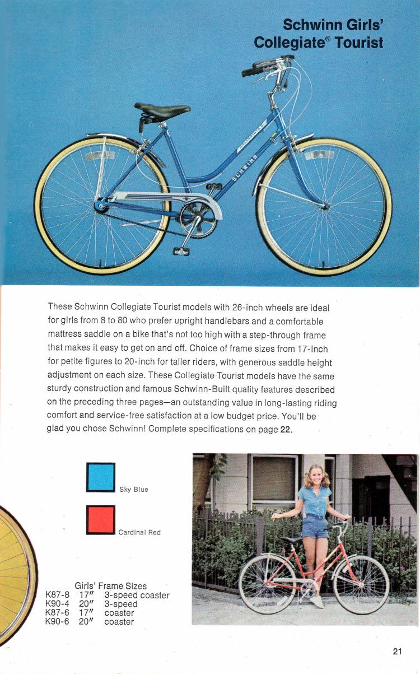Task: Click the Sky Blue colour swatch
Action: (x=101, y=477)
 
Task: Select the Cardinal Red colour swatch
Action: (x=101, y=519)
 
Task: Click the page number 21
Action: (x=398, y=651)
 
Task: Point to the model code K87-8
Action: (x=57, y=596)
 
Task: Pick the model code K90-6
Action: (x=57, y=622)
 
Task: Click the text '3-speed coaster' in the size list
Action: (x=137, y=596)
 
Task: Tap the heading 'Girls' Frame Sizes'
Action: (x=110, y=586)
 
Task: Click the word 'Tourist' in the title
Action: (x=359, y=43)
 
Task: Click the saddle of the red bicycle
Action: (x=293, y=539)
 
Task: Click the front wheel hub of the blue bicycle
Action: (x=325, y=207)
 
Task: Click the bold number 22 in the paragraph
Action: (x=285, y=429)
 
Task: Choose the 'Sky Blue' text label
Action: (x=133, y=490)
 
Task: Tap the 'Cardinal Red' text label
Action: (x=139, y=532)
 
